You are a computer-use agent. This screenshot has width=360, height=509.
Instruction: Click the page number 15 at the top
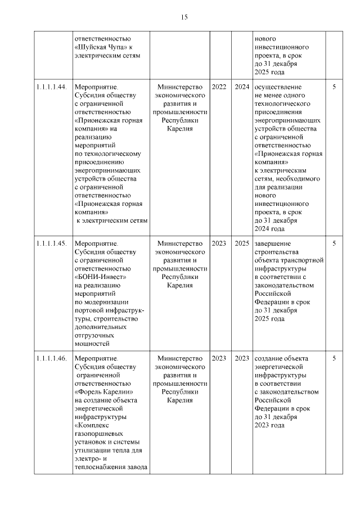[184, 17]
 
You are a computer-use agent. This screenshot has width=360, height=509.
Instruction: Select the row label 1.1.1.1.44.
[51, 87]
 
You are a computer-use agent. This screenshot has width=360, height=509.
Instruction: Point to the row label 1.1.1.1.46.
[51, 358]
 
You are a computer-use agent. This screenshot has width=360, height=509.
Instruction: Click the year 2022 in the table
[219, 87]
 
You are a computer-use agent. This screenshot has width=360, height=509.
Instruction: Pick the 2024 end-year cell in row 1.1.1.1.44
[242, 87]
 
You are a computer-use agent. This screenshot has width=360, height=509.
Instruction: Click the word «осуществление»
[278, 87]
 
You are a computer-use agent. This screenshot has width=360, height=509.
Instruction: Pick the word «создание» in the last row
[269, 358]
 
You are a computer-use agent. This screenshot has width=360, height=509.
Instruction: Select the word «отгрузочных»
[96, 335]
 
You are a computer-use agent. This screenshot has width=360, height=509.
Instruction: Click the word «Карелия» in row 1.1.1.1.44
[180, 129]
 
